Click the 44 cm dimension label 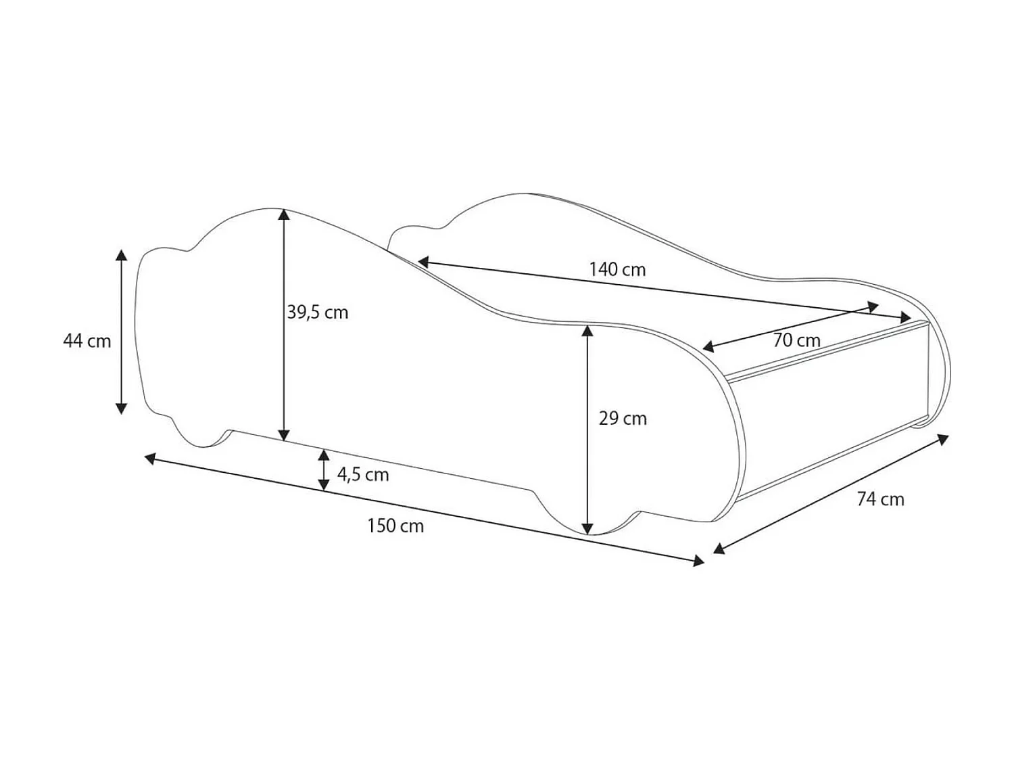[87, 341]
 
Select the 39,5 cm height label [318, 313]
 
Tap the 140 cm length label [617, 269]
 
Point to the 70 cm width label [796, 340]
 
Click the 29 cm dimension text [623, 419]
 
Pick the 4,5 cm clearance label [363, 475]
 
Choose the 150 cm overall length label [395, 526]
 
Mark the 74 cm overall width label [880, 499]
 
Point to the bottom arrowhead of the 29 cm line [588, 528]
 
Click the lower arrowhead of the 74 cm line [719, 549]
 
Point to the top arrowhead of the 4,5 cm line [324, 454]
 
